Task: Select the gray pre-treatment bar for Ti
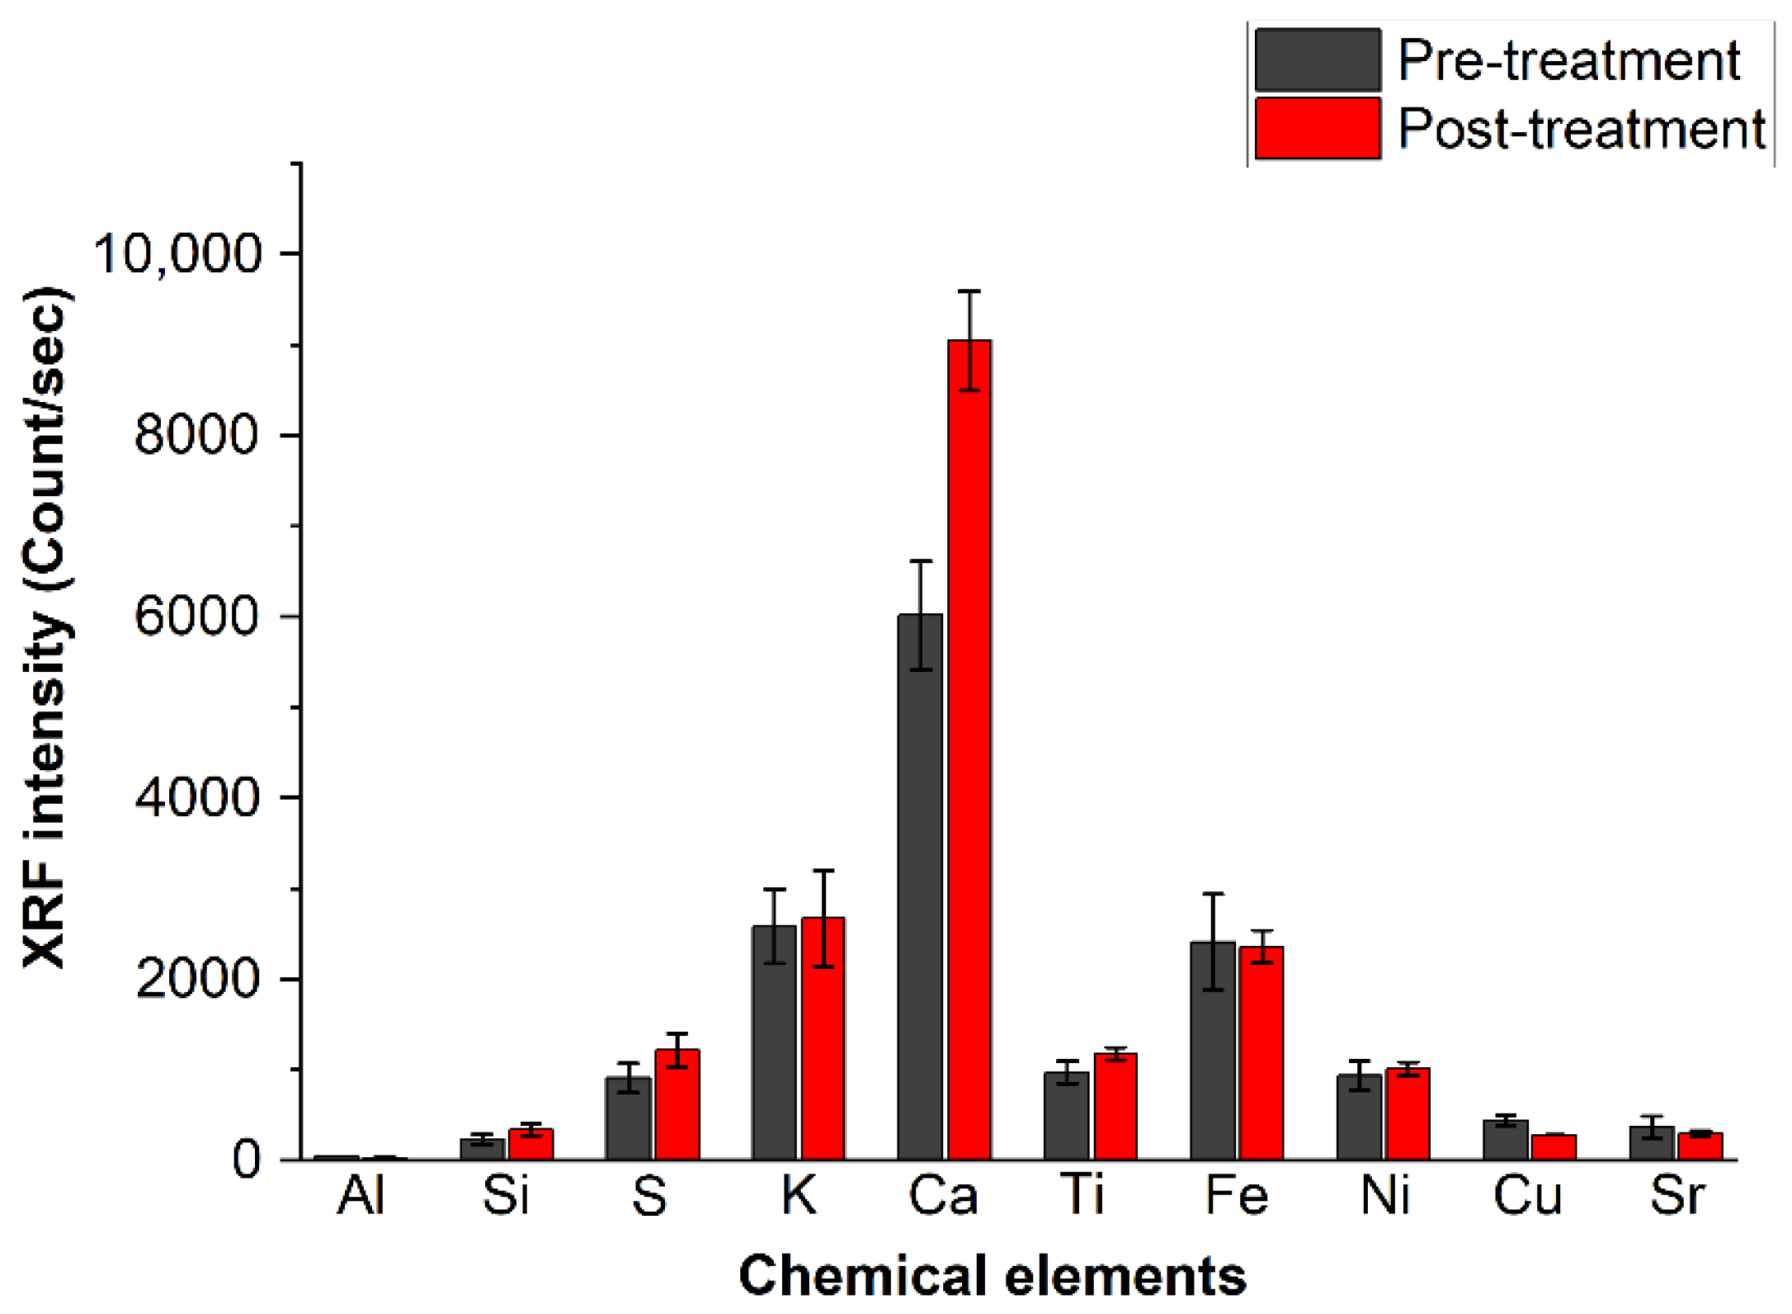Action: click(1066, 1118)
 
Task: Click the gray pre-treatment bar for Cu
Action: click(1506, 1141)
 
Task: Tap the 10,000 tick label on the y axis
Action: click(177, 253)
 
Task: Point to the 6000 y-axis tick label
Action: click(196, 616)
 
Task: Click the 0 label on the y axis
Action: click(246, 1160)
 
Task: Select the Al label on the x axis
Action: click(361, 1195)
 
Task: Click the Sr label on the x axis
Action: click(1676, 1195)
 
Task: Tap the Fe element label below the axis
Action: click(1236, 1195)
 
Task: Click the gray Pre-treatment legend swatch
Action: click(1318, 59)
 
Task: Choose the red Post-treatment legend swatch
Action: click(1318, 128)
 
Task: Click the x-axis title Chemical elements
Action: click(992, 1276)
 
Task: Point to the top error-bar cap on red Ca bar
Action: click(969, 291)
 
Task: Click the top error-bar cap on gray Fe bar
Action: click(1213, 894)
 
